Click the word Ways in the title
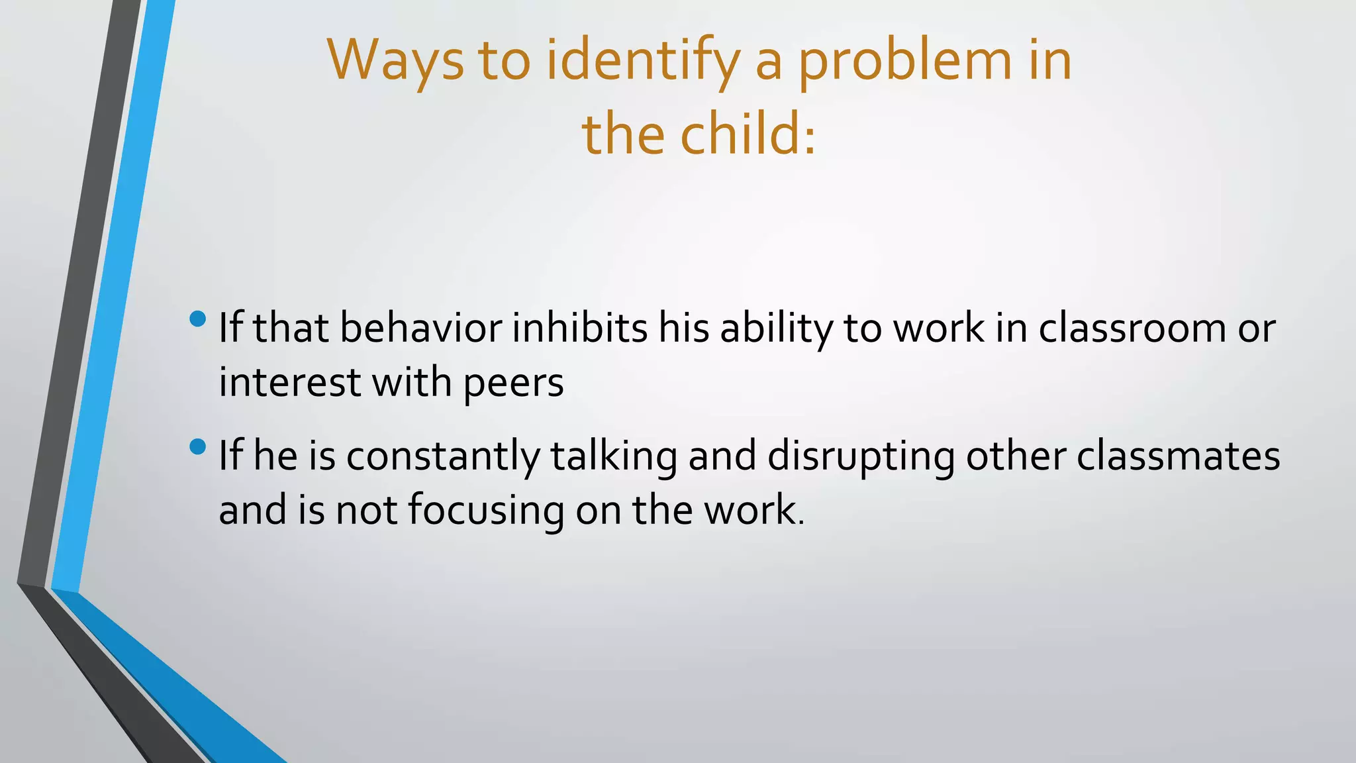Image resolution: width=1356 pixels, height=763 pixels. [395, 61]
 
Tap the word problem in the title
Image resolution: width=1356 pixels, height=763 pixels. [904, 61]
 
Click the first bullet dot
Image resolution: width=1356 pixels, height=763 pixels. [197, 320]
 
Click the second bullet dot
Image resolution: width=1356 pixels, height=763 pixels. [197, 447]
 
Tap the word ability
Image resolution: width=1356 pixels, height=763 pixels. [776, 328]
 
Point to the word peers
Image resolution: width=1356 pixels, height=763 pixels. [513, 383]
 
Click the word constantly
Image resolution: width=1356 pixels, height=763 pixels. [443, 456]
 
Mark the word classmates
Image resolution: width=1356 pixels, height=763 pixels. [1178, 456]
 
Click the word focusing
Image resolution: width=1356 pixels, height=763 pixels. [485, 511]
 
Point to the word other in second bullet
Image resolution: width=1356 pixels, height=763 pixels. [1016, 456]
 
